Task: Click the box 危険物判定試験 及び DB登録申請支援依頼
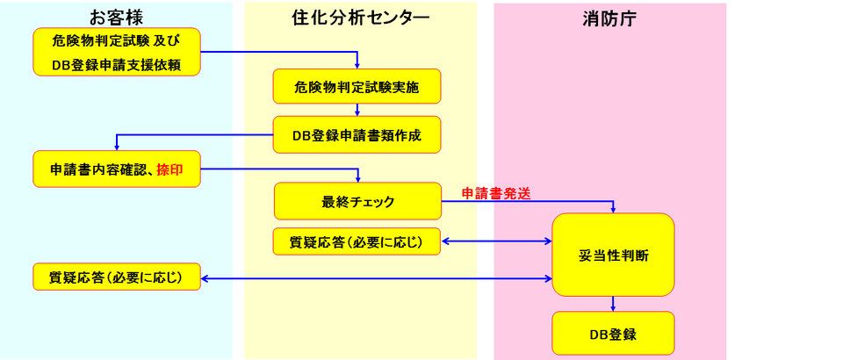click(x=117, y=52)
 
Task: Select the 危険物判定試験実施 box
click(x=356, y=86)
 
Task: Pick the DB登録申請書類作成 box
click(x=356, y=135)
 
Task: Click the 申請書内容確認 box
click(x=117, y=169)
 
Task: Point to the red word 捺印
click(x=169, y=169)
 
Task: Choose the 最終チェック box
click(x=357, y=201)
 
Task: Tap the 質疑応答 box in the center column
click(x=356, y=241)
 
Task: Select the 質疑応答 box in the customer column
click(x=117, y=278)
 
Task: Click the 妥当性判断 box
click(x=613, y=255)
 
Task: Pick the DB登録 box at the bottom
click(x=613, y=334)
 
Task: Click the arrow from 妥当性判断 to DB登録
click(x=613, y=304)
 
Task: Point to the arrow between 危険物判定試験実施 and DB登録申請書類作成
click(x=357, y=111)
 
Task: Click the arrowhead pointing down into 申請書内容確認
click(x=117, y=148)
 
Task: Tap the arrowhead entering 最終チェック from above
click(x=358, y=178)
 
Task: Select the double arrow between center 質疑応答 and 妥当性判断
click(x=496, y=241)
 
